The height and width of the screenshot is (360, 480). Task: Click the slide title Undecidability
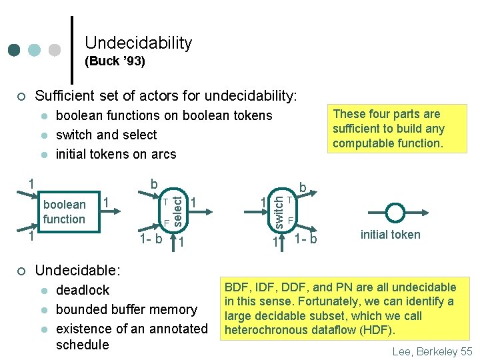pos(138,43)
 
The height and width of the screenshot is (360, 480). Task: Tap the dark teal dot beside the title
pos(14,50)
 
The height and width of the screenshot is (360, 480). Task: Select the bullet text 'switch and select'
pos(106,135)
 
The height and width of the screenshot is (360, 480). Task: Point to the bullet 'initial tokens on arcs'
pos(116,154)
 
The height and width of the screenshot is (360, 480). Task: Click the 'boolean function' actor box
pos(64,211)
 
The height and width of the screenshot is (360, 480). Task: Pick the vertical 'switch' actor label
pos(279,209)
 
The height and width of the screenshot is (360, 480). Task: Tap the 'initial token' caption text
pos(390,234)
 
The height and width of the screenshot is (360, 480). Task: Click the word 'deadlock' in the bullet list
pos(83,290)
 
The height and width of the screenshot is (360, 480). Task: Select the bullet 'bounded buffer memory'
pos(126,309)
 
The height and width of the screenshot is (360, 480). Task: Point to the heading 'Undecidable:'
pos(77,271)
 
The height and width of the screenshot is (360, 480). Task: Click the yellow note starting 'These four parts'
pos(388,129)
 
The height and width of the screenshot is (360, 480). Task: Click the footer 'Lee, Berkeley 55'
pos(431,351)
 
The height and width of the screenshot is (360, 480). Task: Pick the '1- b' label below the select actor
pos(149,239)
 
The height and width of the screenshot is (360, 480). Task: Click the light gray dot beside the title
pos(55,50)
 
